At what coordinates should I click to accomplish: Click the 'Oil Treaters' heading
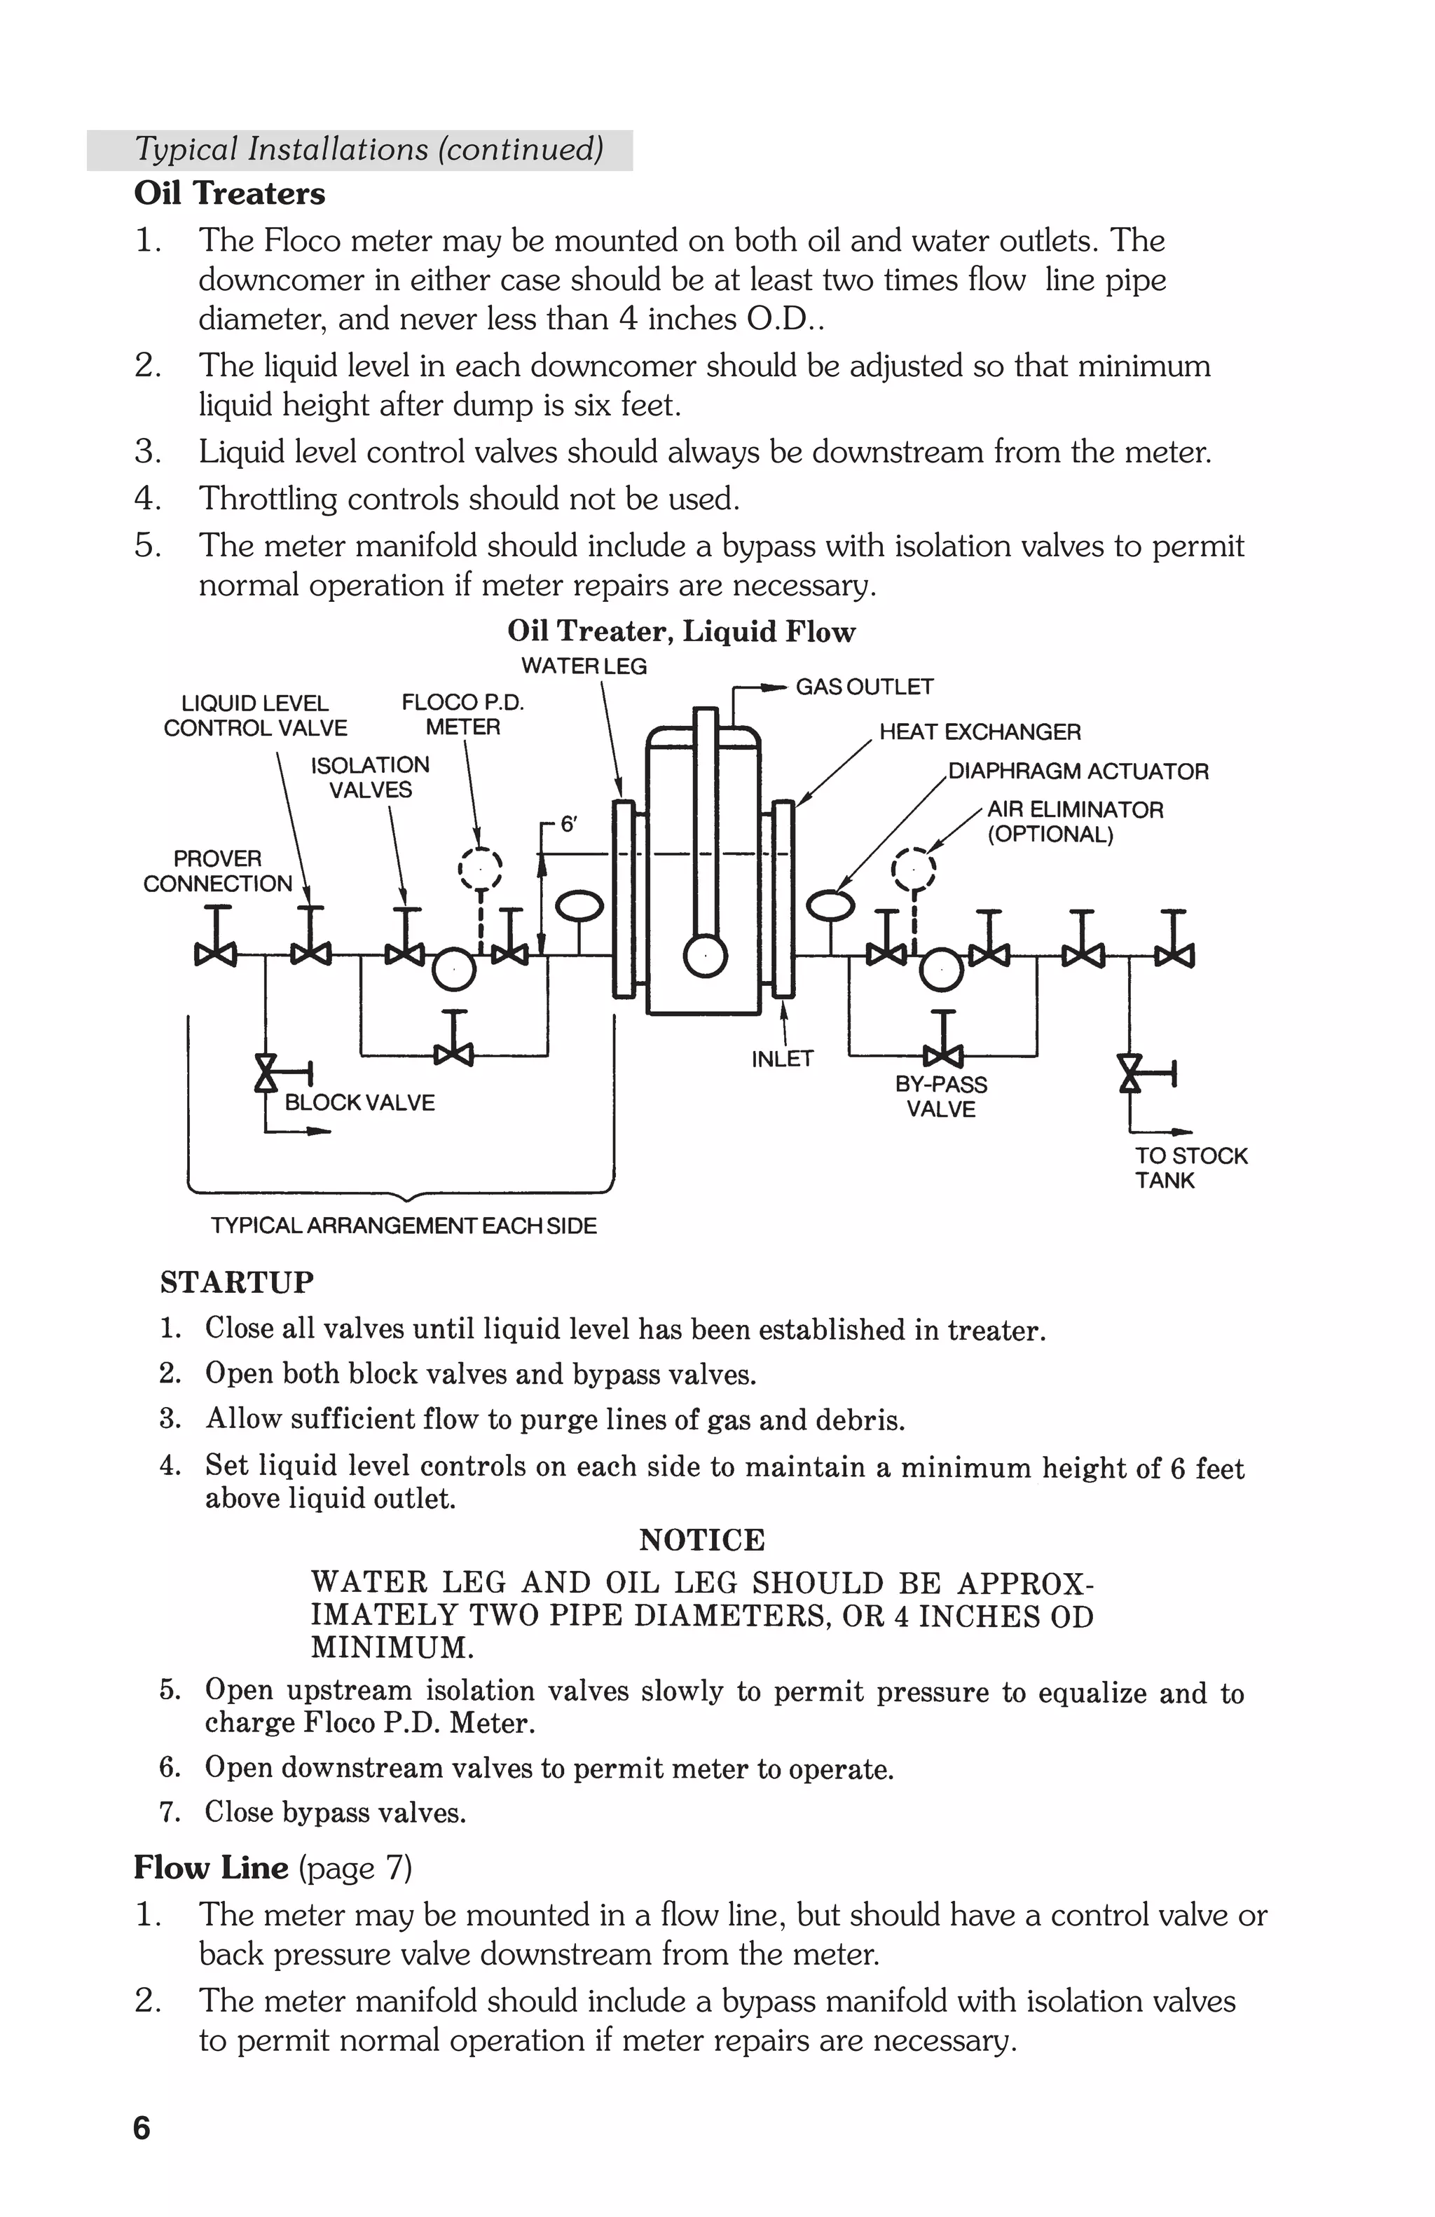click(229, 194)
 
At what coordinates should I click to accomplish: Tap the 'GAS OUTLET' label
click(863, 687)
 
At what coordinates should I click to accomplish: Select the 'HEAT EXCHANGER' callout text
click(980, 732)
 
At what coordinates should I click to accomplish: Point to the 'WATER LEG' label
click(583, 666)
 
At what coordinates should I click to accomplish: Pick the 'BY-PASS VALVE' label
click(940, 1097)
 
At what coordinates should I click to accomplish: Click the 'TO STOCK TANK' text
click(1189, 1167)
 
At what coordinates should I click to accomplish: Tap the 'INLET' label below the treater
click(782, 1059)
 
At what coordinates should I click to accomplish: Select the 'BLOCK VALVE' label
click(359, 1103)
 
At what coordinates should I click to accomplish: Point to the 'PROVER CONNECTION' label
click(217, 871)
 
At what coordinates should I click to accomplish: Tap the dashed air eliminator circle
click(914, 868)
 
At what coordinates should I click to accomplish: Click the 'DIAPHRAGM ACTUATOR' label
click(1078, 771)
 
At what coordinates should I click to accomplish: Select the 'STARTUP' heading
click(237, 1283)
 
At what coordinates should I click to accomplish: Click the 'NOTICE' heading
click(701, 1540)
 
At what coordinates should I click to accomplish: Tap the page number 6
click(142, 2129)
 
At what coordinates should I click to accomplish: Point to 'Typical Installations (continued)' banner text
click(369, 149)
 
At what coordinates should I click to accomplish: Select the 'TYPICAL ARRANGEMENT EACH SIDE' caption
click(403, 1226)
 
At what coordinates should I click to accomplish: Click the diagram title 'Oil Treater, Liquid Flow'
click(681, 631)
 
